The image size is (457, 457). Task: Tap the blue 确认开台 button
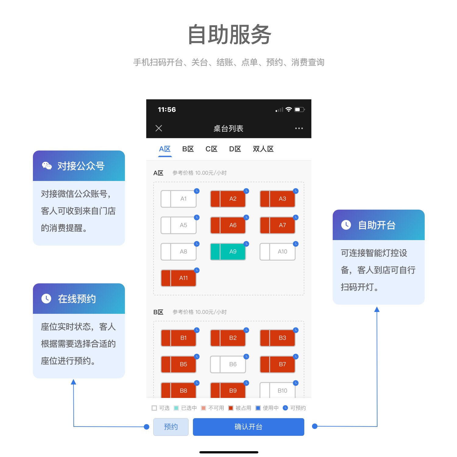[x=248, y=427]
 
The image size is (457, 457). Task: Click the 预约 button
[x=171, y=427]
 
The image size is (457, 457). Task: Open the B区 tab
[x=188, y=149]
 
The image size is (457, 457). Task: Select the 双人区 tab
[x=263, y=149]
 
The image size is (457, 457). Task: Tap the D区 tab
[x=235, y=149]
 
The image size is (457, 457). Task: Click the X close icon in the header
[x=159, y=128]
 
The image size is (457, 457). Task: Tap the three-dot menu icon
[x=299, y=128]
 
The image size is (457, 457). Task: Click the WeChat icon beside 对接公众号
[x=47, y=166]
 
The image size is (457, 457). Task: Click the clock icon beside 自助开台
[x=346, y=225]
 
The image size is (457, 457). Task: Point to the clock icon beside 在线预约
[x=46, y=299]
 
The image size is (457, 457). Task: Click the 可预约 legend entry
[x=294, y=408]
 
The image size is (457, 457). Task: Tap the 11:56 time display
[x=167, y=110]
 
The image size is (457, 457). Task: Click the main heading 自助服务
[x=229, y=34]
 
